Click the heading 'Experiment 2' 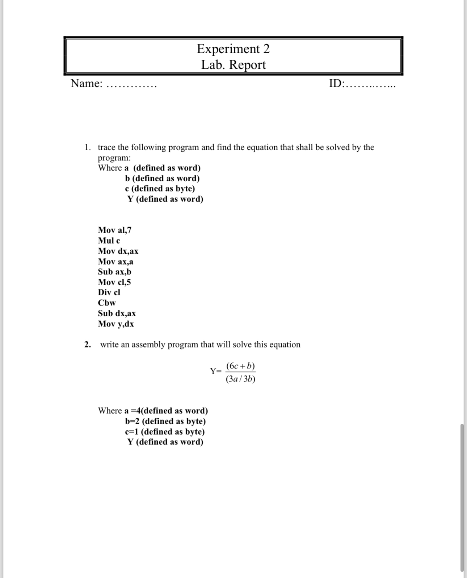(x=233, y=49)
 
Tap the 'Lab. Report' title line (x=233, y=65)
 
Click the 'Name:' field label (x=87, y=84)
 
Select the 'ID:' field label (x=336, y=84)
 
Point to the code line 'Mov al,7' (x=114, y=230)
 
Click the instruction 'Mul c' (x=109, y=241)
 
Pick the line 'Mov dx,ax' (x=118, y=251)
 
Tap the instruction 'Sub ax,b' (x=114, y=272)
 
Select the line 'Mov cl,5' (x=114, y=282)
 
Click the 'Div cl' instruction (x=109, y=292)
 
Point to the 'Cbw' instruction (x=107, y=303)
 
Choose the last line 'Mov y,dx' (x=116, y=324)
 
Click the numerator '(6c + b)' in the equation (x=240, y=366)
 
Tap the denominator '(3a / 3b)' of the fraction (x=240, y=379)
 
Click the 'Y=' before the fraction (x=215, y=371)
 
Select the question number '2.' (x=88, y=345)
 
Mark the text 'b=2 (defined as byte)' (x=165, y=421)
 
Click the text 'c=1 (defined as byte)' (x=165, y=432)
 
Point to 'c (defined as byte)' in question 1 (x=160, y=189)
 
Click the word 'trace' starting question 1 (x=106, y=147)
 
